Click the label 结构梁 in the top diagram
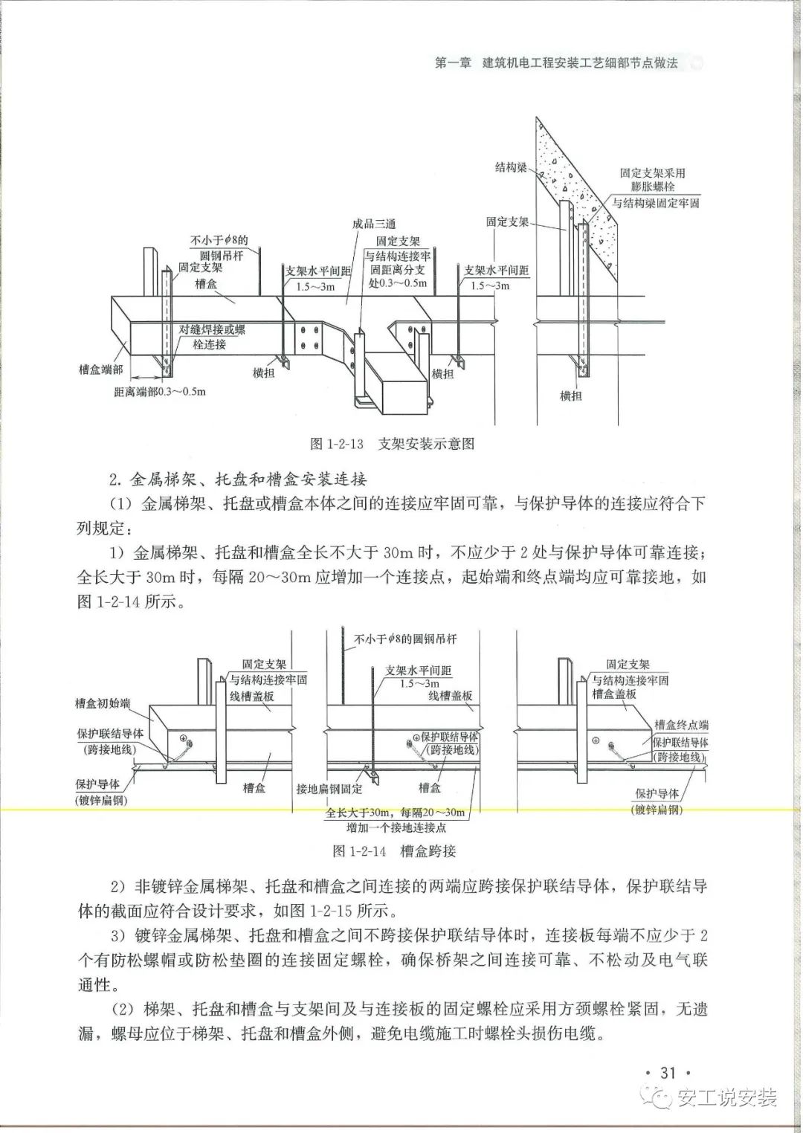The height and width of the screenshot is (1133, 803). click(x=511, y=167)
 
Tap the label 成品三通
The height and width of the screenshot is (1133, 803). click(x=374, y=223)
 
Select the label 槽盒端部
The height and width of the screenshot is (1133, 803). click(x=101, y=369)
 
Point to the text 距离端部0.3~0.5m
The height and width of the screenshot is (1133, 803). click(x=160, y=392)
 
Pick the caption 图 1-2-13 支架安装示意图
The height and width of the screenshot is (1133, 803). click(x=392, y=444)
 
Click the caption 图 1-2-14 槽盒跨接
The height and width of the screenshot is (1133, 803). click(x=394, y=850)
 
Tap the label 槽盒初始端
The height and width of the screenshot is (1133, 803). click(x=103, y=703)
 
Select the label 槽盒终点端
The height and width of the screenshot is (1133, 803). click(x=681, y=725)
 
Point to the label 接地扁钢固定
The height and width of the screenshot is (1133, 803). click(x=329, y=789)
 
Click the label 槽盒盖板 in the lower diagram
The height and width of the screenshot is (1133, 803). click(x=614, y=694)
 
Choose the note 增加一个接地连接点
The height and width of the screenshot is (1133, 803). click(x=396, y=827)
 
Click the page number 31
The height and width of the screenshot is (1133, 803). click(x=668, y=1072)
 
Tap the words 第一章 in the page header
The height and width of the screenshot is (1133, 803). click(x=453, y=63)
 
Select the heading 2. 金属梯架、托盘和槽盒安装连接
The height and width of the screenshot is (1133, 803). click(x=239, y=478)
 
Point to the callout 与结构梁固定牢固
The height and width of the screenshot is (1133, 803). click(x=655, y=202)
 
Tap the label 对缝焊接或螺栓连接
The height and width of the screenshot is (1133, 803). click(x=212, y=337)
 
